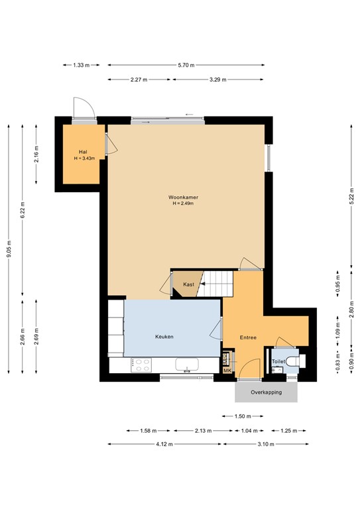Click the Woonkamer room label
185,197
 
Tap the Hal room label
83,152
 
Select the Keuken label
164,337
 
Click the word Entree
249,338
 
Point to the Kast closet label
189,284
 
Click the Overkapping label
266,392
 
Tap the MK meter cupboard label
227,371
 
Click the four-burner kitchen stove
141,364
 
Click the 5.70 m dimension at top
186,65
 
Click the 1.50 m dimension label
243,416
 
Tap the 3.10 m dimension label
266,444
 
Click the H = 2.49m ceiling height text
185,203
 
